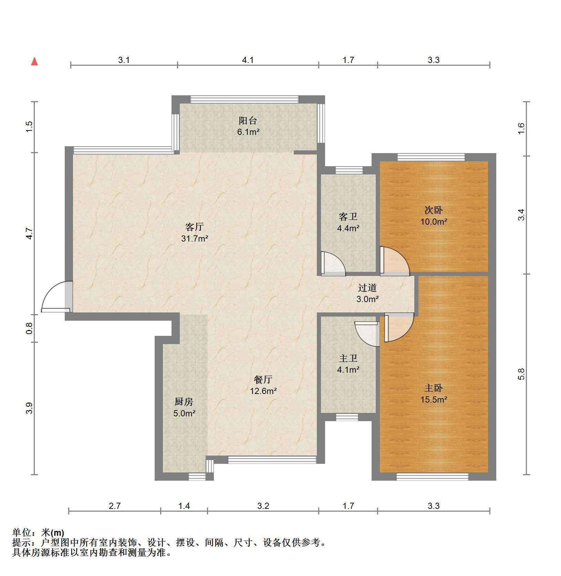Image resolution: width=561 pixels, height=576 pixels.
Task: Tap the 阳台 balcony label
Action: [x=248, y=121]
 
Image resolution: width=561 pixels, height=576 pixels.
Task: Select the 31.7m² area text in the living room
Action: [x=195, y=238]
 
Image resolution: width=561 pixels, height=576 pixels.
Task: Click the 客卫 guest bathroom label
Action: [x=348, y=216]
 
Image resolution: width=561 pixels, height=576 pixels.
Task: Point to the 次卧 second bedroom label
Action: [x=434, y=210]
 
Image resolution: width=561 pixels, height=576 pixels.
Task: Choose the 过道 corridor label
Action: [x=367, y=287]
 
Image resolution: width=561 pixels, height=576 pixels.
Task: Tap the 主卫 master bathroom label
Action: [x=348, y=358]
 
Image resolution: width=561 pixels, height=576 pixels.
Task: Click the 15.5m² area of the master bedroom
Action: [x=434, y=399]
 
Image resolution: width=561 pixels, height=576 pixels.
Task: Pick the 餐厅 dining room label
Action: [x=263, y=380]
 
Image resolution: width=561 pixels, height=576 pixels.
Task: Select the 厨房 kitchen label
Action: [x=184, y=402]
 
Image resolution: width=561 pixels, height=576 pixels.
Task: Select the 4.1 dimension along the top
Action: [x=248, y=60]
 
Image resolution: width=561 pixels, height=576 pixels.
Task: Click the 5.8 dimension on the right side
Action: [x=521, y=374]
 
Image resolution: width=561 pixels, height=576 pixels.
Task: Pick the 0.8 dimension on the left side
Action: [x=29, y=328]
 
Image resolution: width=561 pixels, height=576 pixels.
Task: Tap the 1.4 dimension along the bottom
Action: [x=184, y=506]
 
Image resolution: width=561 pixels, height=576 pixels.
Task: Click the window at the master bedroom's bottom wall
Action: [x=432, y=477]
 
